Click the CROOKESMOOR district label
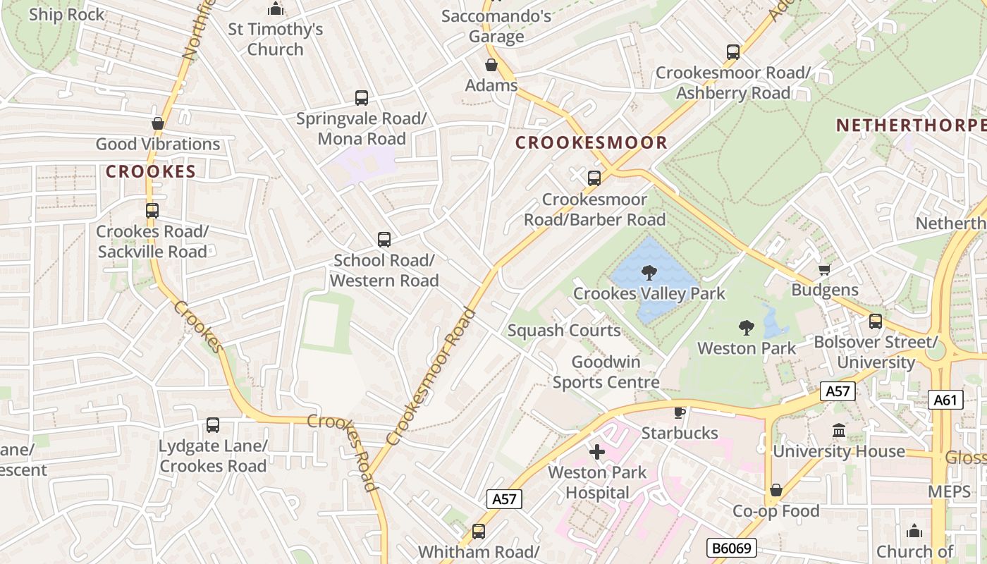591,143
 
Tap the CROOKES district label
150,171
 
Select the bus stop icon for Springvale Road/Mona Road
362,98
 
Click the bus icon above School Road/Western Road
384,240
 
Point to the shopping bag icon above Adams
491,66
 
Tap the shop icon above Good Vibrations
158,123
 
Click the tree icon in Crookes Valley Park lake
649,272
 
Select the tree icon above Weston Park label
746,327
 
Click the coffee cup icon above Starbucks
679,412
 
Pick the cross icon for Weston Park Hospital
597,452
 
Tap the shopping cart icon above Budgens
824,269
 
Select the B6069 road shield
732,548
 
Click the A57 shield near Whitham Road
504,499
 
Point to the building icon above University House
839,430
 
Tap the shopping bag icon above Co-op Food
775,490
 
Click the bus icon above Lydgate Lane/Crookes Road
212,425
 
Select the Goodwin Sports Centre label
606,372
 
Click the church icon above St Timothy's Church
275,9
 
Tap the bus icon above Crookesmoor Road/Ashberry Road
733,52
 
